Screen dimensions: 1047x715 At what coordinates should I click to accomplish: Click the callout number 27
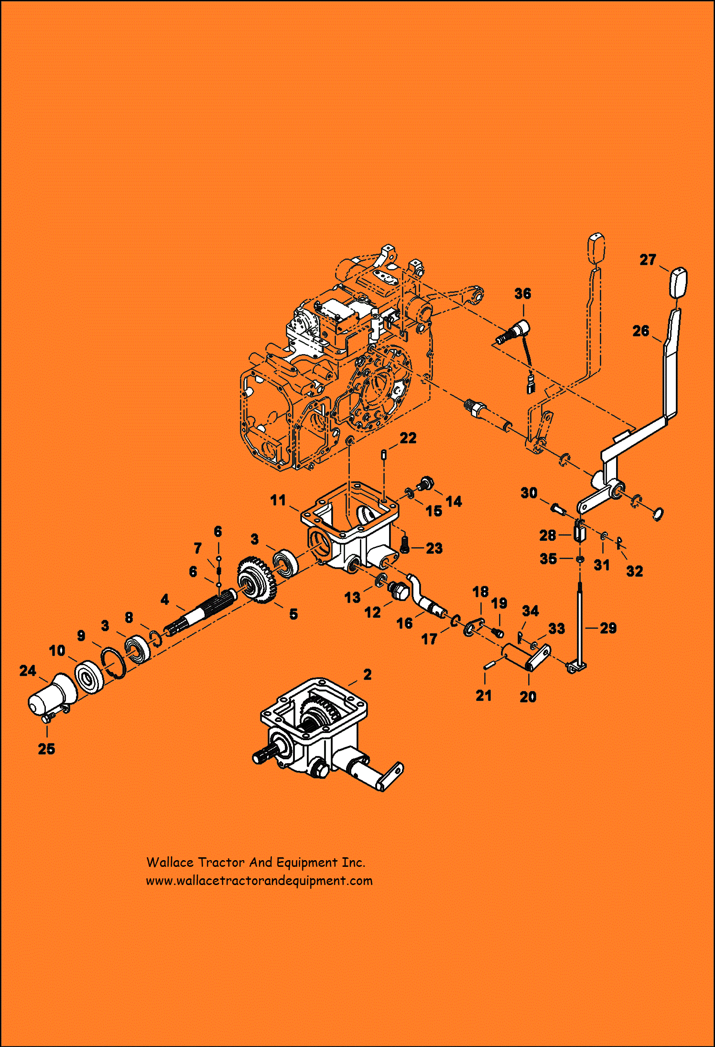click(x=648, y=259)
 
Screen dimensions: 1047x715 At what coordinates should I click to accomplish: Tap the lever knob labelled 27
click(x=677, y=282)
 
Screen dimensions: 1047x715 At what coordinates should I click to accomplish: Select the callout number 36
click(x=522, y=293)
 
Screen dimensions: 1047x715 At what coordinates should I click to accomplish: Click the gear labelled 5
click(x=257, y=580)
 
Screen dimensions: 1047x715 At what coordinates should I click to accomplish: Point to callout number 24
click(x=28, y=670)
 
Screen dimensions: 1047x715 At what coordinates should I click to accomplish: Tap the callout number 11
click(x=278, y=500)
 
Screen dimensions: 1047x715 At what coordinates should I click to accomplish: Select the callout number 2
click(x=367, y=674)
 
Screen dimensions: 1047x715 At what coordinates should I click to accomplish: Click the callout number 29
click(x=608, y=628)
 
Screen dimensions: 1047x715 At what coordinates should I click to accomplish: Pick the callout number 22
click(x=408, y=438)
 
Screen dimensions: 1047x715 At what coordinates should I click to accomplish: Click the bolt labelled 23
click(x=405, y=546)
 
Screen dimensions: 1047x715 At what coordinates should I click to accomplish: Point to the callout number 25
click(x=46, y=749)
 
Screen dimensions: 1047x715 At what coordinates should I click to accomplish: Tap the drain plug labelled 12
click(x=399, y=592)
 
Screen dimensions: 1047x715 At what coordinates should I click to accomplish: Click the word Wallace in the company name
click(x=169, y=863)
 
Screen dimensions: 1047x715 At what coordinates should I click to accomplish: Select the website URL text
click(x=259, y=881)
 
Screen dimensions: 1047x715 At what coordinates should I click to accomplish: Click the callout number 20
click(x=528, y=697)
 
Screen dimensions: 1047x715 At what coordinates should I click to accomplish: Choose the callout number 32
click(x=634, y=571)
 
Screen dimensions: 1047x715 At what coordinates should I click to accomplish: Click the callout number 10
click(x=57, y=650)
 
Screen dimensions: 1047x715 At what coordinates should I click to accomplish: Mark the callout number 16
click(x=404, y=623)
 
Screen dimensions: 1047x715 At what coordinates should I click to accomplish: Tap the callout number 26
click(x=640, y=331)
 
